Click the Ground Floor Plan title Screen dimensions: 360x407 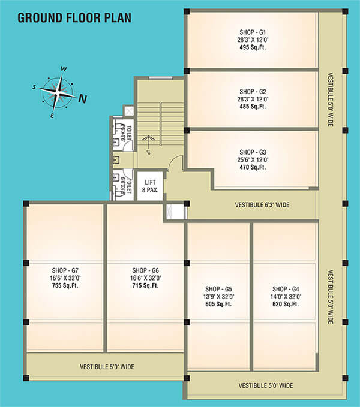(x=74, y=18)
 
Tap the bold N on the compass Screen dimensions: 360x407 (x=83, y=99)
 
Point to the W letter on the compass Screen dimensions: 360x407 (x=64, y=69)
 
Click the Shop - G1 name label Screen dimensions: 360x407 (x=253, y=32)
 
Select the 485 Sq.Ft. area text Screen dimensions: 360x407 (x=253, y=107)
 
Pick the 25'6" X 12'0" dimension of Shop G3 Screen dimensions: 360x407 (x=253, y=159)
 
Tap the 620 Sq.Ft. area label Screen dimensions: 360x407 (x=286, y=304)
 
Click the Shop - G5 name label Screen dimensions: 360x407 (x=218, y=289)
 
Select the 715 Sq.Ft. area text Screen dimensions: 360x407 (x=145, y=285)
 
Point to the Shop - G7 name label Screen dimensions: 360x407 (x=65, y=270)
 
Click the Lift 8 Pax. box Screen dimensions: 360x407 (x=150, y=186)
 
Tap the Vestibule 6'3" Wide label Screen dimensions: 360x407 (x=262, y=205)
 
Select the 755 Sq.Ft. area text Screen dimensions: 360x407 (x=65, y=285)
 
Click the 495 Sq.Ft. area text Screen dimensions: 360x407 (x=253, y=47)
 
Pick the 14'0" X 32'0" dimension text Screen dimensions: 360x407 (x=286, y=297)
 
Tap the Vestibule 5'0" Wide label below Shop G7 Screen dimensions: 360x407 (x=107, y=367)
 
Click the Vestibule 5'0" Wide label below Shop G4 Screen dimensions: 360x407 (x=266, y=385)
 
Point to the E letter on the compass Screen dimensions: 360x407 (x=52, y=116)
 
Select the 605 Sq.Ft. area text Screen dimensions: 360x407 (x=218, y=304)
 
